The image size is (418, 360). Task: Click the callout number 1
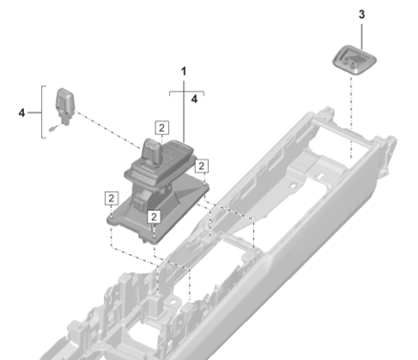[x=183, y=72]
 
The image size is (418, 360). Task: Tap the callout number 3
[x=362, y=14]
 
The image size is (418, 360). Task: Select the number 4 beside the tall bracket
[x=22, y=113]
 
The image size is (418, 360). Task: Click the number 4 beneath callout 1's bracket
[x=194, y=99]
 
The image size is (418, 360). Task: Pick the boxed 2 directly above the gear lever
[x=162, y=128]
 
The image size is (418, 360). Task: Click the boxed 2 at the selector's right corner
[x=201, y=166]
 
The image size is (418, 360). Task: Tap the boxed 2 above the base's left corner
[x=111, y=199]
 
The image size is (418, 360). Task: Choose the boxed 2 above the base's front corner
[x=154, y=217]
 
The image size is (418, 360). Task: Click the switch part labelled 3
[x=354, y=60]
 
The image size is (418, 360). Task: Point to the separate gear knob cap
[x=65, y=103]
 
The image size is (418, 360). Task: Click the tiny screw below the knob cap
[x=52, y=129]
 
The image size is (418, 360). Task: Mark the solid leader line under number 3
[x=362, y=35]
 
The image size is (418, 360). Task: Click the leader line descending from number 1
[x=184, y=112]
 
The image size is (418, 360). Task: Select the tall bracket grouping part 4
[x=42, y=112]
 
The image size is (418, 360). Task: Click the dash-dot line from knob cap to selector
[x=108, y=130]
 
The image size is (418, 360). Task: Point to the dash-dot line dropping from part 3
[x=351, y=116]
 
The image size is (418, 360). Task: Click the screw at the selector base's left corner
[x=111, y=217]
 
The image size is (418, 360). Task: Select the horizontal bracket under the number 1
[x=187, y=92]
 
